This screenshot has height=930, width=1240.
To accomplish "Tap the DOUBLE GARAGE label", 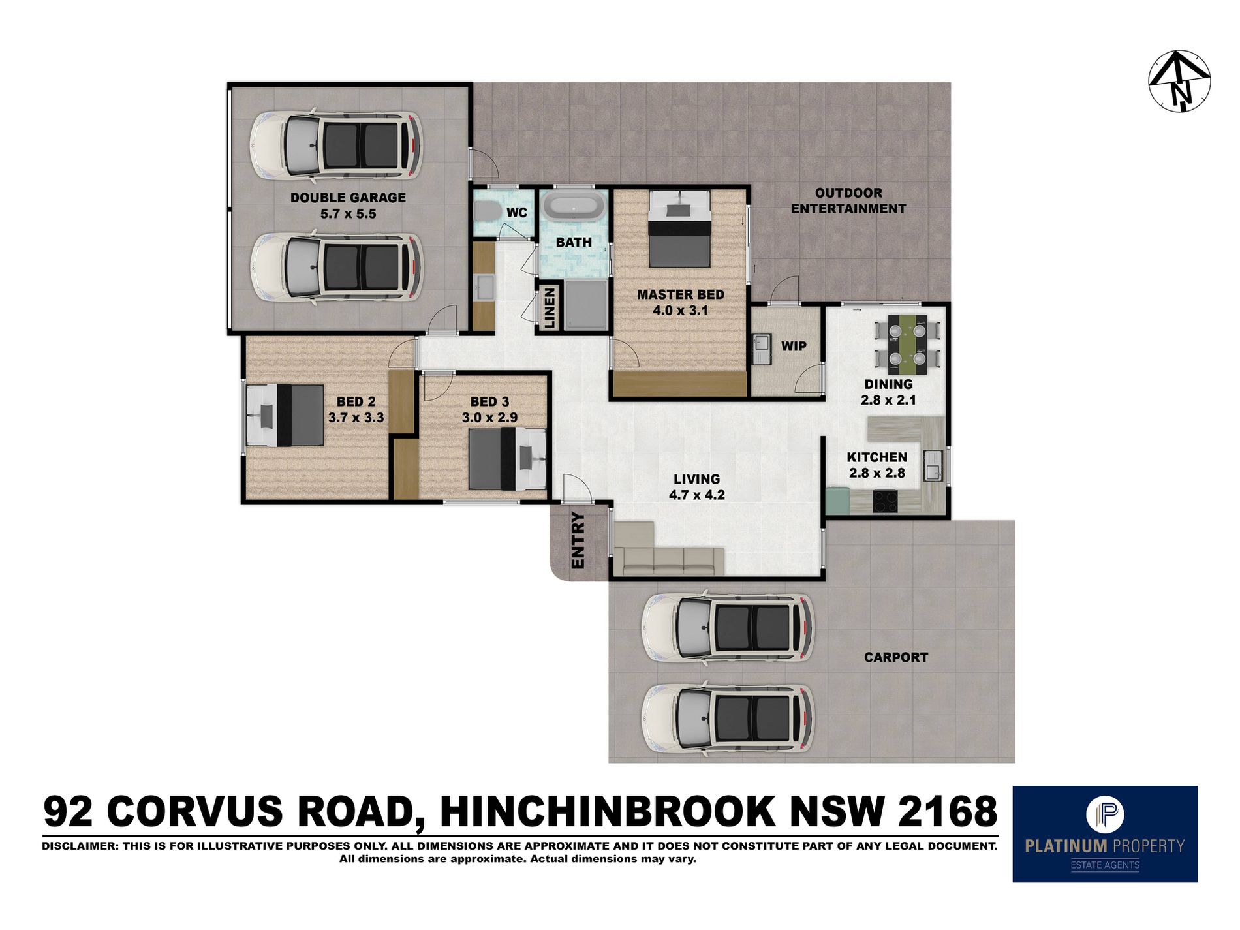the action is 348,198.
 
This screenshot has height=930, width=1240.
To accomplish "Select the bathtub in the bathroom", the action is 574,206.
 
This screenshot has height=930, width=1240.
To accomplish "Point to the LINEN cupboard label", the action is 550,308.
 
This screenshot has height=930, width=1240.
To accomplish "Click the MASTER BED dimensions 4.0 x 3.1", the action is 681,311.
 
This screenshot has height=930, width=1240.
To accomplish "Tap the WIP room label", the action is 794,346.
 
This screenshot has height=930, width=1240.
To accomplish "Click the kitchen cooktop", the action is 885,501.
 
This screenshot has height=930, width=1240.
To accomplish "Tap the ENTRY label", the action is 578,540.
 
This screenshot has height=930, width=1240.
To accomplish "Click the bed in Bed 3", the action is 508,459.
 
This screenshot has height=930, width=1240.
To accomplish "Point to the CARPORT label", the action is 895,658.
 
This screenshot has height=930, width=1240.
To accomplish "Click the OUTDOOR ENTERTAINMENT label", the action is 848,201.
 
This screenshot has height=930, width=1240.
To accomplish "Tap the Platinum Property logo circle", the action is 1105,813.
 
